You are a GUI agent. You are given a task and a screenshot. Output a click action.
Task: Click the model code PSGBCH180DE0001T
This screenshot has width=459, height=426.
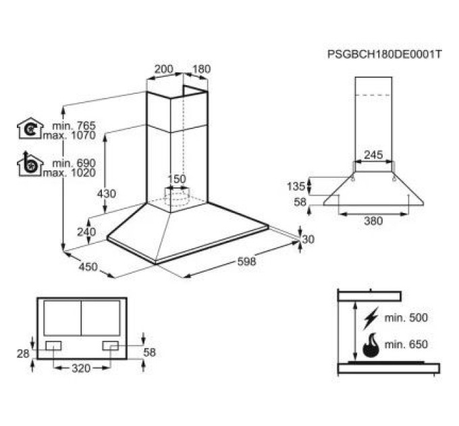click(x=384, y=54)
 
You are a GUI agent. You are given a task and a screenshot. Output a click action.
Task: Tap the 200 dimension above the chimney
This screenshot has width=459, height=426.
click(x=164, y=69)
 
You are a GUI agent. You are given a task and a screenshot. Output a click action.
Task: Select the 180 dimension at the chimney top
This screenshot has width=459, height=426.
click(x=201, y=69)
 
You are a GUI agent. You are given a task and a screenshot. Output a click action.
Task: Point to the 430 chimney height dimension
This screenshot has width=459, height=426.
click(x=107, y=194)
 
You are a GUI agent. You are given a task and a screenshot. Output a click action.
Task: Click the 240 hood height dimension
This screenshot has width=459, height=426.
click(x=86, y=232)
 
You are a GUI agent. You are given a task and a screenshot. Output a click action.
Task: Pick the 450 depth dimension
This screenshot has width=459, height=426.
click(x=88, y=267)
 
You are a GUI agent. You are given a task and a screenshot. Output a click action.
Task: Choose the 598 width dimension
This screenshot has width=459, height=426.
click(x=246, y=261)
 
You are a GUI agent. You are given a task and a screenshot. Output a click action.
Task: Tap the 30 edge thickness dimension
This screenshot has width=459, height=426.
click(x=308, y=239)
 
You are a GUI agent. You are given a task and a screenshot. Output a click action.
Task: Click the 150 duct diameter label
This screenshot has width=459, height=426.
click(x=177, y=179)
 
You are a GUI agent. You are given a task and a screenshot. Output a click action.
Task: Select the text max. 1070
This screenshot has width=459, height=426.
click(x=70, y=135)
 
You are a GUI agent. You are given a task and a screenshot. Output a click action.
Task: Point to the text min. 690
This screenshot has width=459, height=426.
click(x=74, y=163)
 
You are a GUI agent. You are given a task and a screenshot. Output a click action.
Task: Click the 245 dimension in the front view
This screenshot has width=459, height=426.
click(x=373, y=154)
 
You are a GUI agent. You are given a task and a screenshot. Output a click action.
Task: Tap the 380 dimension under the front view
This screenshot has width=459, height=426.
click(x=373, y=220)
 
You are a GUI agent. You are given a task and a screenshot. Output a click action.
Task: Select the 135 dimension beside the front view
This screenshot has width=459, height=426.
click(x=296, y=186)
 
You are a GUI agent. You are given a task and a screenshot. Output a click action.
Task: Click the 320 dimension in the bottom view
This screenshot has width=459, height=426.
click(x=81, y=369)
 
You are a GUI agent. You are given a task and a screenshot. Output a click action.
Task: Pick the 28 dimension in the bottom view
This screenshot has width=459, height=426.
click(x=23, y=354)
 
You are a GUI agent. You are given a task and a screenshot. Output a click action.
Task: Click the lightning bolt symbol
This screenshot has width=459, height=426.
click(x=371, y=318)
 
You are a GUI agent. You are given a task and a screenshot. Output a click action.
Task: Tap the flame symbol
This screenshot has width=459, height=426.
click(x=371, y=346)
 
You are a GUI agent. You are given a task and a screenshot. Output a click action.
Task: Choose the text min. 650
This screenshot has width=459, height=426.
click(x=406, y=344)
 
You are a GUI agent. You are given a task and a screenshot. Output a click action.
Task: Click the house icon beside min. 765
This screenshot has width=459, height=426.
click(x=30, y=128)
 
